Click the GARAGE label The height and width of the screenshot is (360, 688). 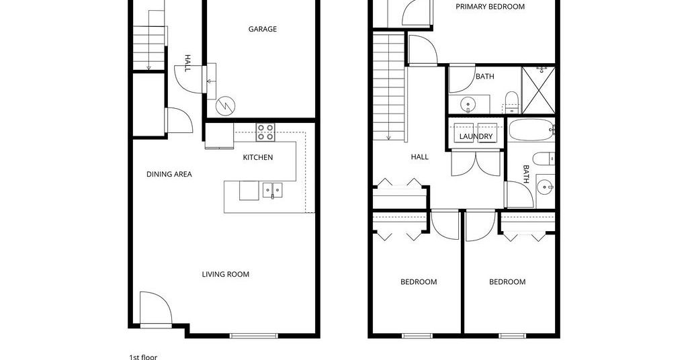[263, 29]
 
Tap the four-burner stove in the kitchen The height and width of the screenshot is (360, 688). [265, 132]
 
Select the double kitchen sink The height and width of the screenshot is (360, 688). [273, 190]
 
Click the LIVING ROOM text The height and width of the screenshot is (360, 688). [226, 274]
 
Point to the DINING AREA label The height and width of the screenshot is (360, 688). [169, 174]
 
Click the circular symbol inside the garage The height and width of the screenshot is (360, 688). [226, 105]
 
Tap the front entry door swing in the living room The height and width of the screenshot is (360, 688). [156, 308]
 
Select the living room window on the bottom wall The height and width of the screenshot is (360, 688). [254, 336]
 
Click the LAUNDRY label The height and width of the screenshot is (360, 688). [476, 136]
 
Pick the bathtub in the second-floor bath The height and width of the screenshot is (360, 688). [531, 130]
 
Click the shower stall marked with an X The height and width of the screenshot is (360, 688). [538, 91]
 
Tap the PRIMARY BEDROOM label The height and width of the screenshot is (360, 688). [490, 7]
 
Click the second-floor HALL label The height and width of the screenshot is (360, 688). [419, 156]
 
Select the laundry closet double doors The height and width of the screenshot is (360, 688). [476, 163]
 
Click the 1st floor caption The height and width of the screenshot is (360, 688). [143, 357]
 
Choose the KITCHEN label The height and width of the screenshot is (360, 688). [258, 157]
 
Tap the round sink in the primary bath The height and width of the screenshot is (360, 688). [468, 104]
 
